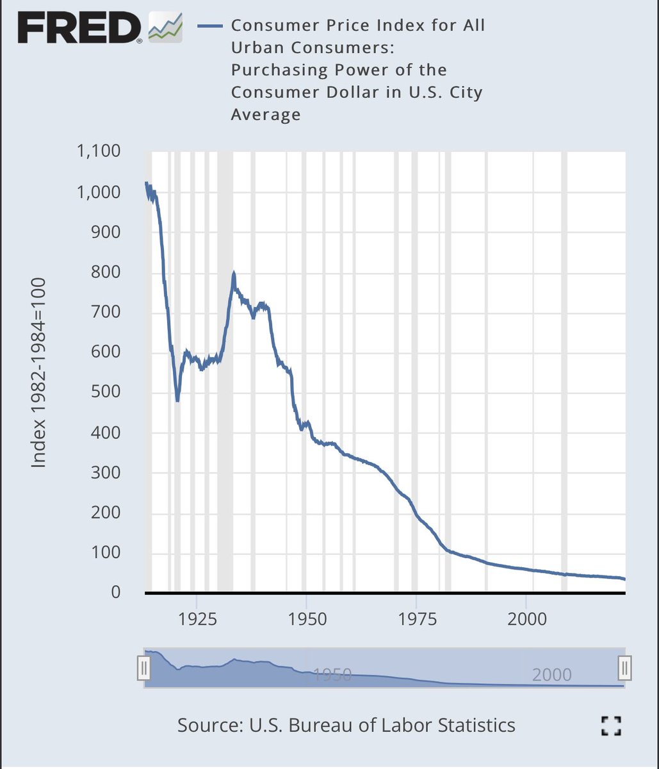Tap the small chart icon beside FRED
165,28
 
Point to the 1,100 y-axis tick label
98,151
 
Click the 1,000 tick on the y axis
98,192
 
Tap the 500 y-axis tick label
106,392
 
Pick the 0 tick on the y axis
116,593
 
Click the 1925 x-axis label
197,619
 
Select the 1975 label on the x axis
416,619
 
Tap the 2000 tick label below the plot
526,619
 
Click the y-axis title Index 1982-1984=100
39,372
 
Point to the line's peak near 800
234,274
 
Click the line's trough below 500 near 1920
177,400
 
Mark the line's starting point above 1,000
146,184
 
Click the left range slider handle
144,668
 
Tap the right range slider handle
625,668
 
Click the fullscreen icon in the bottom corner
612,726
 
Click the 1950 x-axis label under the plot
307,619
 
